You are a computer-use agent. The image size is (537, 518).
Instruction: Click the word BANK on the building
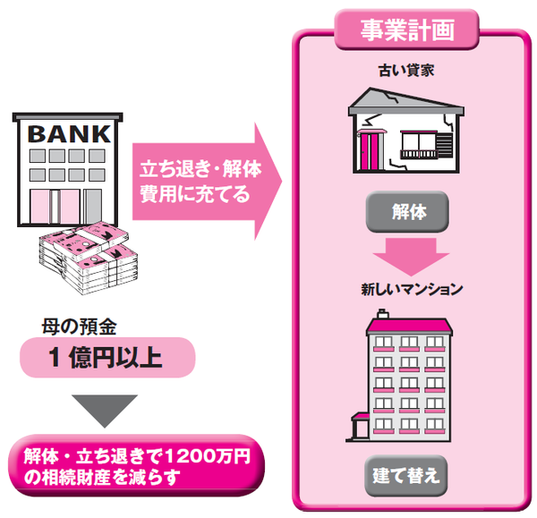(x=72, y=134)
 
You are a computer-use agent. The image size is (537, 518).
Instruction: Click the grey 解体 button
(x=405, y=212)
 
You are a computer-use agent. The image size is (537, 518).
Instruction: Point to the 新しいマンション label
(x=412, y=289)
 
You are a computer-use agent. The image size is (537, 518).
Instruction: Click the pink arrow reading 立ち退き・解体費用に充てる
(x=202, y=180)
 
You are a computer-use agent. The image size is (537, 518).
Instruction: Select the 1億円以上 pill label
(x=106, y=359)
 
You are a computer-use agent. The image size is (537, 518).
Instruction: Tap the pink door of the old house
(x=370, y=147)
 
